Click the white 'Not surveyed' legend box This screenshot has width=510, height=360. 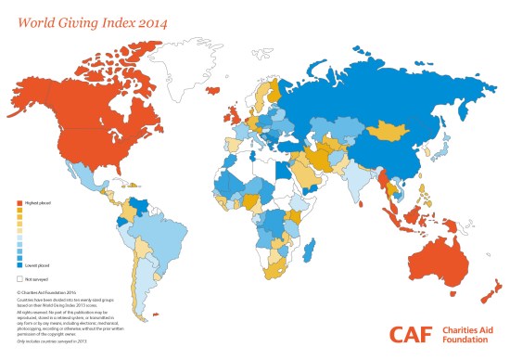(20, 277)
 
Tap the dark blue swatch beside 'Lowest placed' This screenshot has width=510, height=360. (20, 265)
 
